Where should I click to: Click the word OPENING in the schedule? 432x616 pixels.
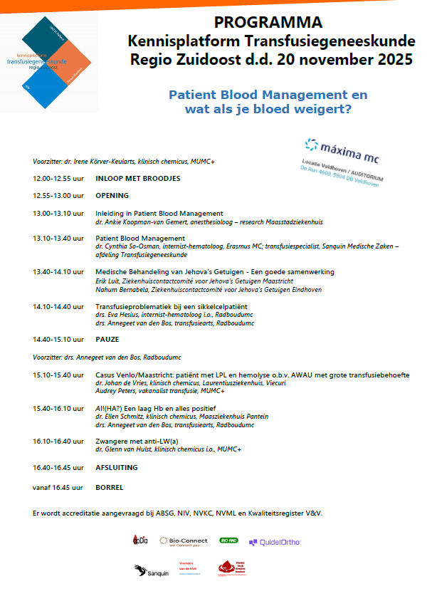click(x=112, y=195)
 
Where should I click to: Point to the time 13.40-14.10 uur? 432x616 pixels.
click(x=58, y=272)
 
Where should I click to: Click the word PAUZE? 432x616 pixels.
click(x=107, y=338)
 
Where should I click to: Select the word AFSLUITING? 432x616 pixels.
click(x=116, y=468)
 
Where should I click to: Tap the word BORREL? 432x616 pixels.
click(x=109, y=488)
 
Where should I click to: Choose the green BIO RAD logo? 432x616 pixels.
click(x=228, y=541)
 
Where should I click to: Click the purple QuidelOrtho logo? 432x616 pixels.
click(x=275, y=542)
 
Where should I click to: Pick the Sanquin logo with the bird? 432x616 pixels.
click(x=152, y=570)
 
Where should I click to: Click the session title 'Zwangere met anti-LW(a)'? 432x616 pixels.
click(x=137, y=442)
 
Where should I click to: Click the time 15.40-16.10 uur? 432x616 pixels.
click(x=58, y=408)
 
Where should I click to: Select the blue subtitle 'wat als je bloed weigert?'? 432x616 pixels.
click(x=268, y=110)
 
